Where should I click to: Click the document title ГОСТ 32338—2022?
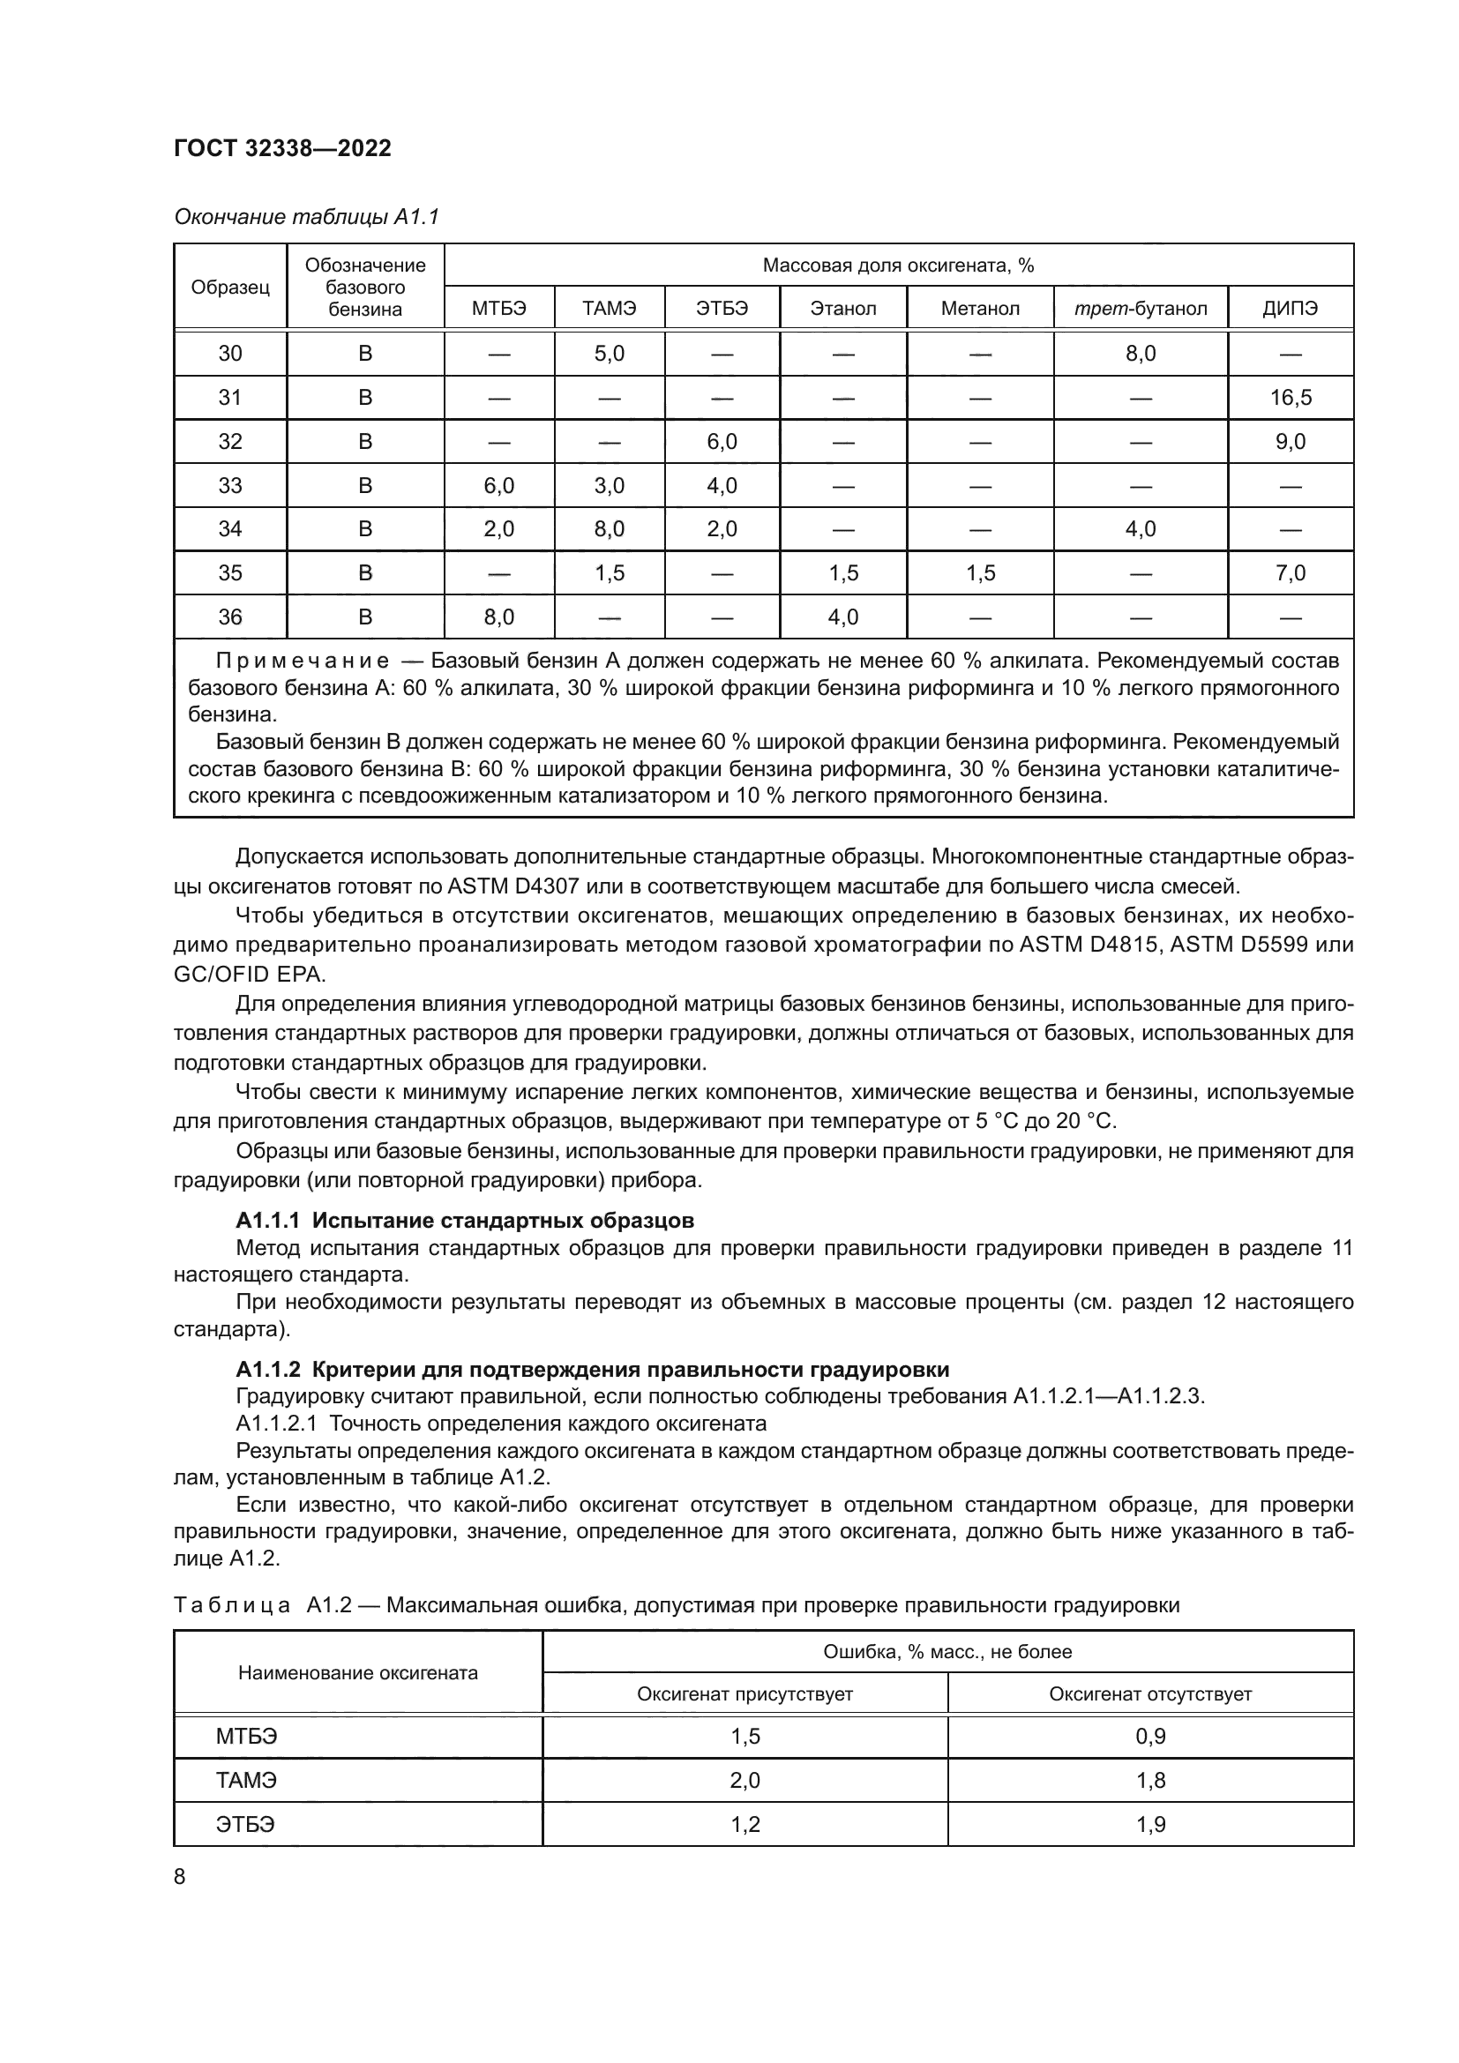coord(282,148)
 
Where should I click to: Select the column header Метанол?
coord(980,309)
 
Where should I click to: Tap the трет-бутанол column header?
coord(1140,309)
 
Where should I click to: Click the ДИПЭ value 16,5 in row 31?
coord(1291,397)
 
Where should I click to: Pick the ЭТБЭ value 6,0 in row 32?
coord(722,441)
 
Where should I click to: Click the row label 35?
coord(230,573)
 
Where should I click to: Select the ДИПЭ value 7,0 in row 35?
coord(1291,573)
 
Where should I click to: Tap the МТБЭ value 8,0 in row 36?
coord(498,617)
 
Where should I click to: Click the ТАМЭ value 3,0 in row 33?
coord(610,486)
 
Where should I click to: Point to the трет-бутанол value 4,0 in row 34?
coord(1140,529)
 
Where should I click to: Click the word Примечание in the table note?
coord(303,662)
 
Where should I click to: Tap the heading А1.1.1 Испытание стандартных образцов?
coord(465,1220)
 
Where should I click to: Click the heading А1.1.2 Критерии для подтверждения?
coord(592,1370)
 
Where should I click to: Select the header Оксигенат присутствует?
coord(744,1693)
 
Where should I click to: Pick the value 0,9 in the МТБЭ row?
coord(1150,1736)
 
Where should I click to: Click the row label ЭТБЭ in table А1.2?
coord(245,1824)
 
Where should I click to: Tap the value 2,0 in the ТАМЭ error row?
coord(744,1780)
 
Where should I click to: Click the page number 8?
coord(180,1877)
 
